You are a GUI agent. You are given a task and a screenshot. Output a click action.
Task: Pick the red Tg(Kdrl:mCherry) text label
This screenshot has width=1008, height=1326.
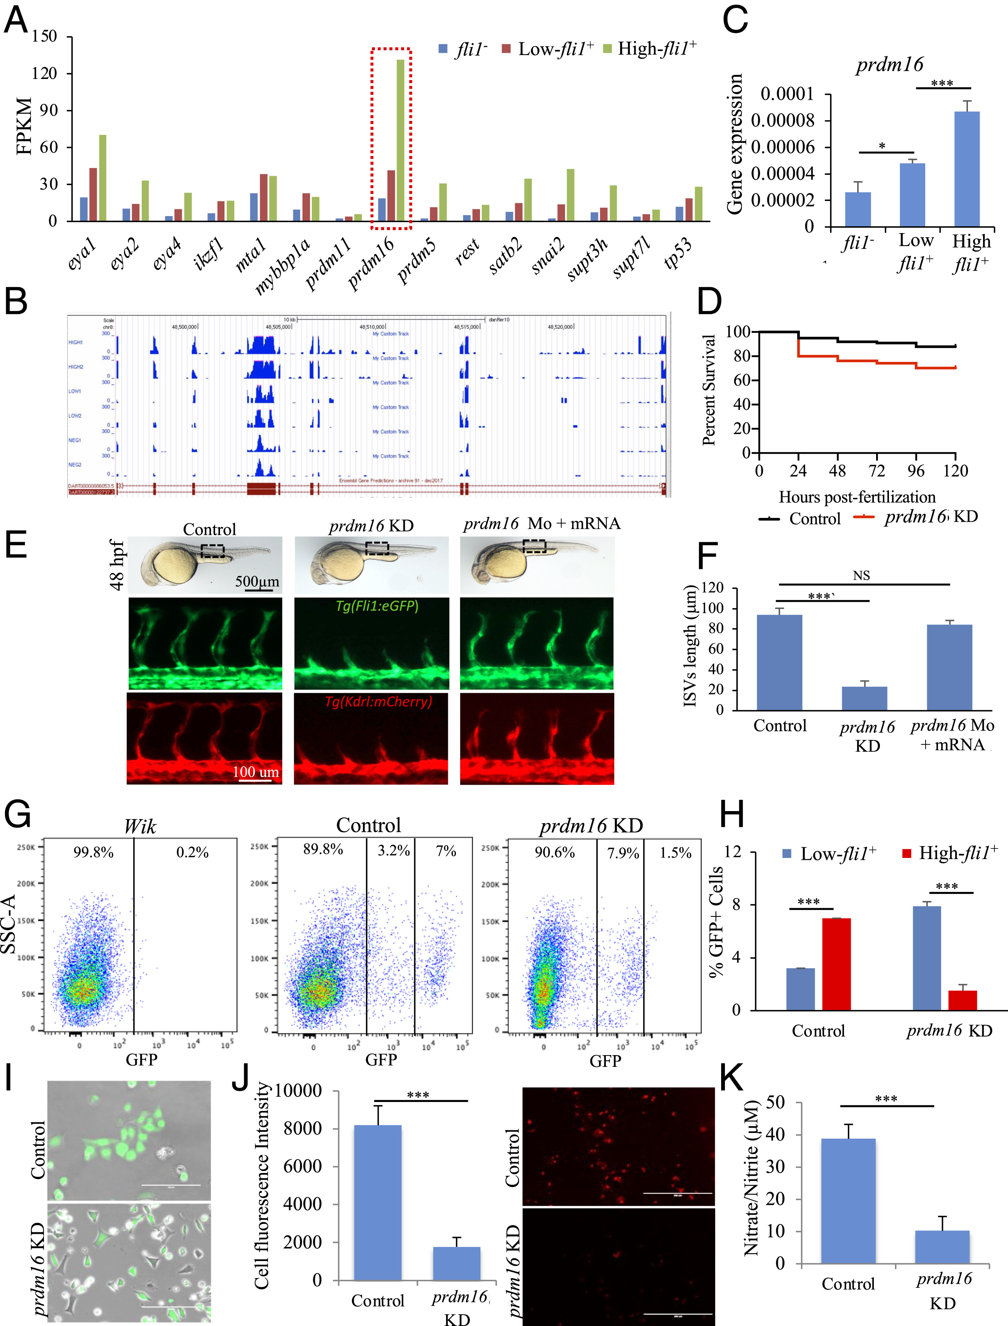tap(378, 701)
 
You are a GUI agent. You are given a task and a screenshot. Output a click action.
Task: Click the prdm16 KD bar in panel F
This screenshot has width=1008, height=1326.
tap(864, 698)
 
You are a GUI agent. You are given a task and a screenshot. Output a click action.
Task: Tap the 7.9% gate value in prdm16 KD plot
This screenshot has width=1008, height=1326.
tap(623, 853)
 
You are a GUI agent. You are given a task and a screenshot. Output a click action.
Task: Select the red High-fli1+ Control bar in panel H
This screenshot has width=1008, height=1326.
tap(836, 964)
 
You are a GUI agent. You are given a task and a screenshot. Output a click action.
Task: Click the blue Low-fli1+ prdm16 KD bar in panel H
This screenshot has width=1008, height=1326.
tap(926, 958)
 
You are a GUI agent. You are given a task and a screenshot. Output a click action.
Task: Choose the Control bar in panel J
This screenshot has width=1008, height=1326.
tap(378, 1202)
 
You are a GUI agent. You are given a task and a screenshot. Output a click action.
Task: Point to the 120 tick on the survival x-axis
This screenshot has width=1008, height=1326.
tap(955, 471)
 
